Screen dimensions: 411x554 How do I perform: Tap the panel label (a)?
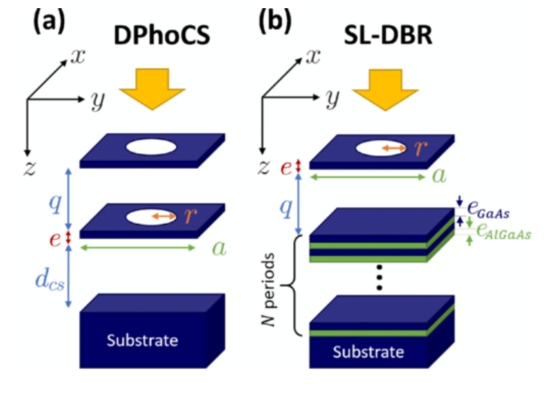point(49,22)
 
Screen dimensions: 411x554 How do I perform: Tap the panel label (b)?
point(274,22)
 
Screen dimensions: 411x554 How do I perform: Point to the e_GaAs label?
point(491,213)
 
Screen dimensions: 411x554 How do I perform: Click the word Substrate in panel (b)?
point(369,352)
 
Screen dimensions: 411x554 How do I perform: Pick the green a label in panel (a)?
point(219,248)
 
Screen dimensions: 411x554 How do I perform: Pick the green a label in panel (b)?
point(439,176)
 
